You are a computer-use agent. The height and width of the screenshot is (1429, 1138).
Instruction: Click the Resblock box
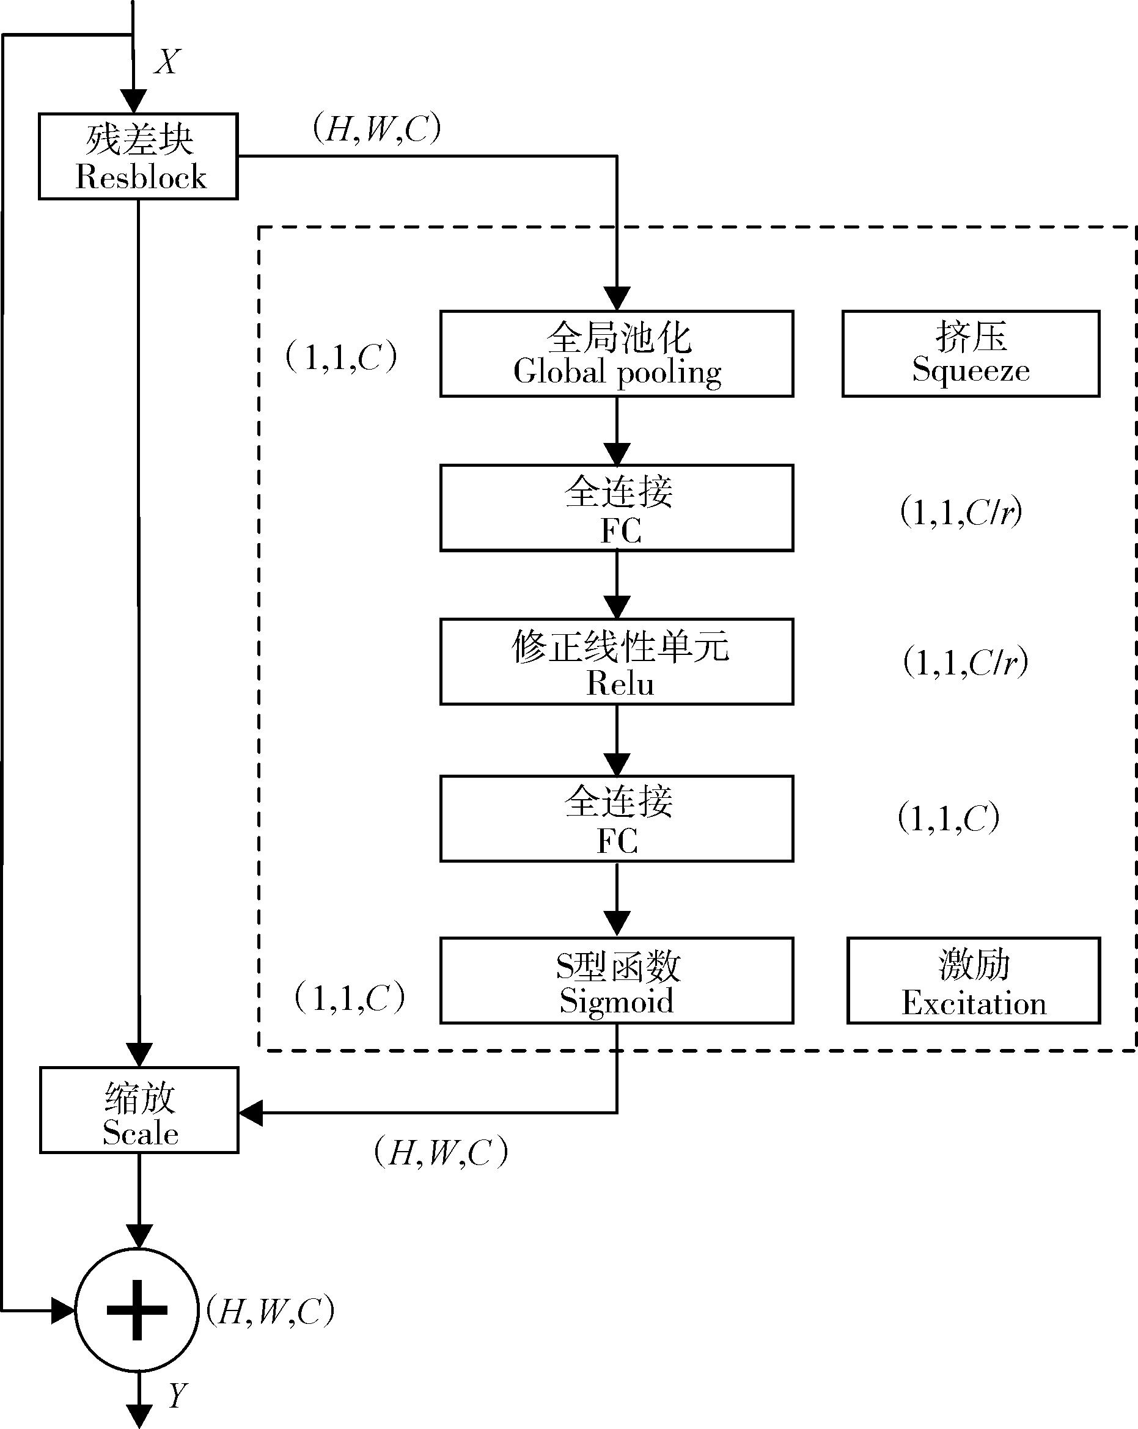click(x=138, y=156)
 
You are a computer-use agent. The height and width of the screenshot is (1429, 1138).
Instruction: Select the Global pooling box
click(x=617, y=354)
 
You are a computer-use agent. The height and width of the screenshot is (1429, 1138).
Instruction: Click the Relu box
click(x=617, y=662)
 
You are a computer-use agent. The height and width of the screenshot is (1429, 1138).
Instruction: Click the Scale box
click(x=139, y=1110)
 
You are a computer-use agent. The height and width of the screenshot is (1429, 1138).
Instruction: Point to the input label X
click(x=167, y=62)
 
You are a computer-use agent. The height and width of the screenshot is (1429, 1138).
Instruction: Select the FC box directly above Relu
click(x=617, y=508)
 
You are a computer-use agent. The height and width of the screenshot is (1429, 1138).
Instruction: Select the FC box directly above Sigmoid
click(x=617, y=819)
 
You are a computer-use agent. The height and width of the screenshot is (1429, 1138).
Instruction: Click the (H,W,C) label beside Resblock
click(x=376, y=128)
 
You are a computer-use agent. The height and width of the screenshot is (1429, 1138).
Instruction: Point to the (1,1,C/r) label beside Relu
click(x=966, y=662)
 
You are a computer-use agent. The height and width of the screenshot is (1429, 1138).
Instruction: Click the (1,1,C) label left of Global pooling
click(x=342, y=357)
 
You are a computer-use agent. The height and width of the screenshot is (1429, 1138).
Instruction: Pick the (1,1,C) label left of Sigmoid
click(x=350, y=998)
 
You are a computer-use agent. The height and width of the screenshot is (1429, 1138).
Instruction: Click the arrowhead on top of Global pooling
click(x=617, y=298)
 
